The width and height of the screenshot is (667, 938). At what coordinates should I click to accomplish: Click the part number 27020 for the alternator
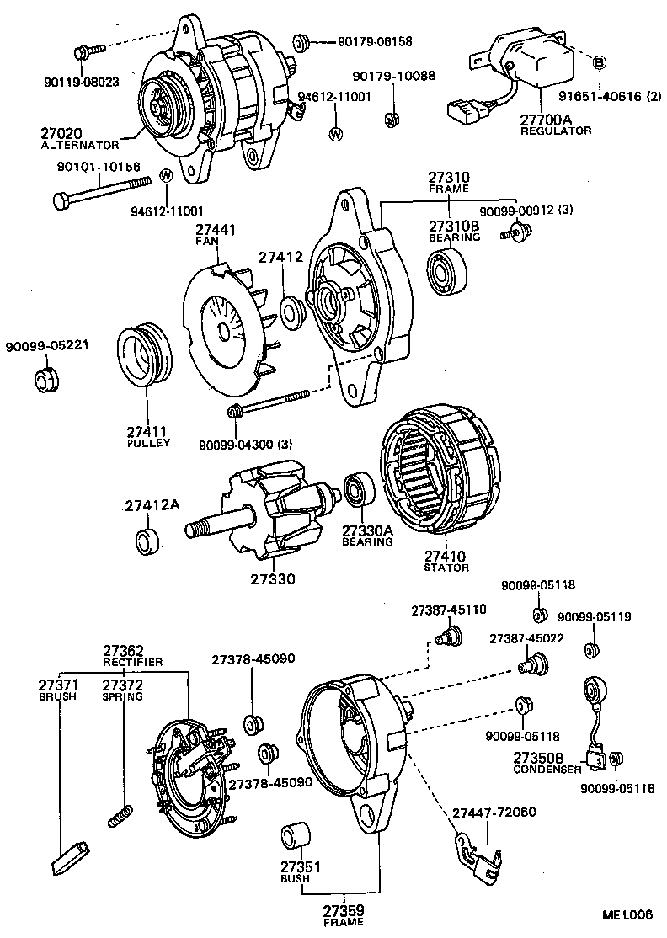[61, 133]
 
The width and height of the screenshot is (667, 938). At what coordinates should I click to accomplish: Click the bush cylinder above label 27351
[295, 834]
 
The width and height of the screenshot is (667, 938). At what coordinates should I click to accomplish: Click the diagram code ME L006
[627, 914]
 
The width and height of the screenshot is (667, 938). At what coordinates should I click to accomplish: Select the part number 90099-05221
[47, 346]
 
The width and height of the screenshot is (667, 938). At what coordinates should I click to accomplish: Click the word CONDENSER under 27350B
[547, 770]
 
